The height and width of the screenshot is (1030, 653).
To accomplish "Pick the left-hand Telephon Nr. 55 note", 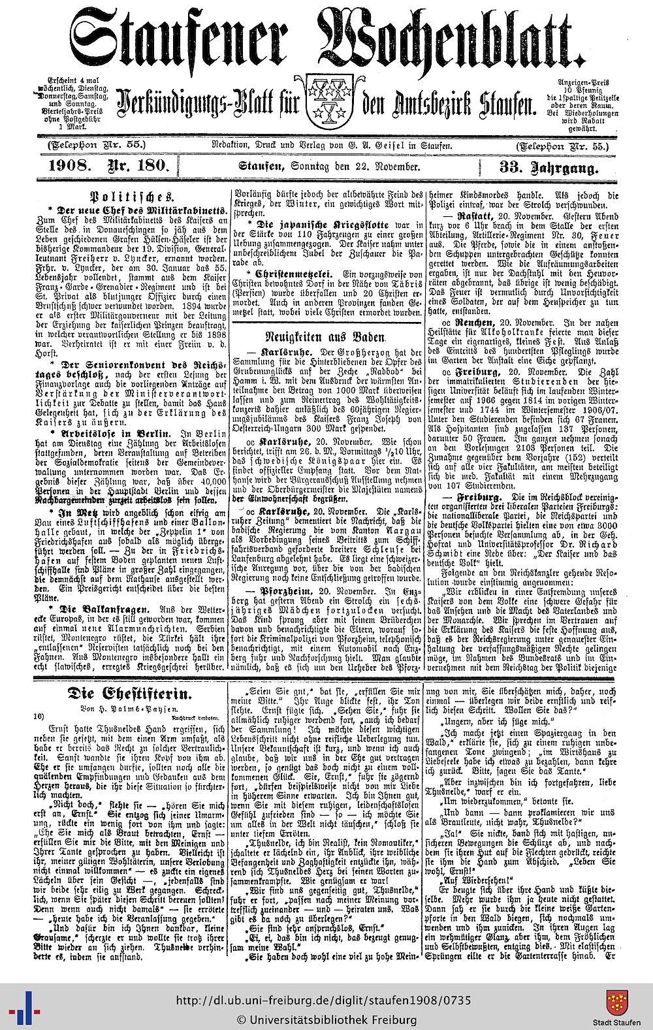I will point(91,144).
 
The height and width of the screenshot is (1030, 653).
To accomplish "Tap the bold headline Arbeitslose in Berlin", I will point(100,434).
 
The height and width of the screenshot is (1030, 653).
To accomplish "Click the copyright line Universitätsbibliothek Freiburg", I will point(326,1019).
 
